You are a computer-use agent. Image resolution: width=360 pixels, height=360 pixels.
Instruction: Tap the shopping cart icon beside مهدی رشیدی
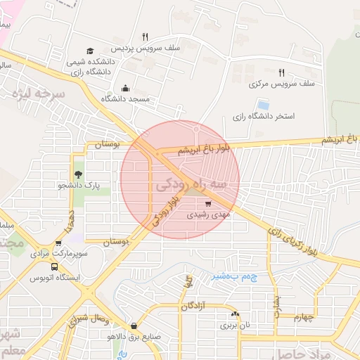coord(207,203)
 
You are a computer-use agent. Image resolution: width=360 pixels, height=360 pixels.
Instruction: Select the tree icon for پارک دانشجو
coord(78,174)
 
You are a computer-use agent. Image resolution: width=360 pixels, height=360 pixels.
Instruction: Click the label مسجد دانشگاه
coord(126,99)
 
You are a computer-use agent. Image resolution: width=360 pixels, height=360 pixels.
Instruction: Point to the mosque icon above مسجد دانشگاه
coord(126,88)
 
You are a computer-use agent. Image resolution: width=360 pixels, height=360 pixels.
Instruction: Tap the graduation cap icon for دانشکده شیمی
coord(89,51)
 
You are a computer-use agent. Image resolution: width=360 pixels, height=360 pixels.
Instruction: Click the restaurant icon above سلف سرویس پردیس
coord(145,37)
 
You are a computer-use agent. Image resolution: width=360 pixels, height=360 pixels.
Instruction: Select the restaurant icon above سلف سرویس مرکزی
coord(281,72)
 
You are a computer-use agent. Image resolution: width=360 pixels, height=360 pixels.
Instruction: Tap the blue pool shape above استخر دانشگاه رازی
coord(264,105)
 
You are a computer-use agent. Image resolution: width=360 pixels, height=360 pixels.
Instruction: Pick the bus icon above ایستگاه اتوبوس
coord(55,267)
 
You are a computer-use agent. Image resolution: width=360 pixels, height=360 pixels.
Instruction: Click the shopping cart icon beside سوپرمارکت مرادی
coord(58,243)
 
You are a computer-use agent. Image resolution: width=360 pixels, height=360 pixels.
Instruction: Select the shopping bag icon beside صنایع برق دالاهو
coord(134,326)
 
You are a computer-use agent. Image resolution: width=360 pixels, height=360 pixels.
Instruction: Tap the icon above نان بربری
coord(235,314)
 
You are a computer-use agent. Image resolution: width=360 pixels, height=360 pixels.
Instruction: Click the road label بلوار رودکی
coord(165,210)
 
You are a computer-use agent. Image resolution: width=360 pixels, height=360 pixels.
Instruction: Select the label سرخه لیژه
coord(42,94)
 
